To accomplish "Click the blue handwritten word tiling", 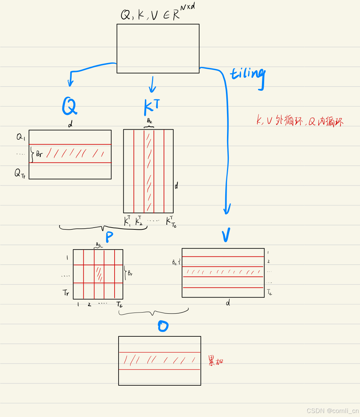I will [248, 75].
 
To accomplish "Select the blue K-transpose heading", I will [151, 106].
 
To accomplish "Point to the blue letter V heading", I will [226, 235].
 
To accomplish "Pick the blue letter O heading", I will [163, 327].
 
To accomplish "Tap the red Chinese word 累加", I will [216, 360].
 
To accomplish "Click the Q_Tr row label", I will [20, 174].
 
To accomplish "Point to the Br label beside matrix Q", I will [40, 154].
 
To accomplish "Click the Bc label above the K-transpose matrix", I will [149, 121].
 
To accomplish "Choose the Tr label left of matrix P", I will [66, 293].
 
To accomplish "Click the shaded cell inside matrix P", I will [99, 274].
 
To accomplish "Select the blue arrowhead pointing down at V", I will [227, 209].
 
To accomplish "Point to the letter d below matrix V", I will [228, 303].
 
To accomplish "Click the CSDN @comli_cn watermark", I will [332, 411].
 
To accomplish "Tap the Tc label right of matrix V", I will [269, 293].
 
